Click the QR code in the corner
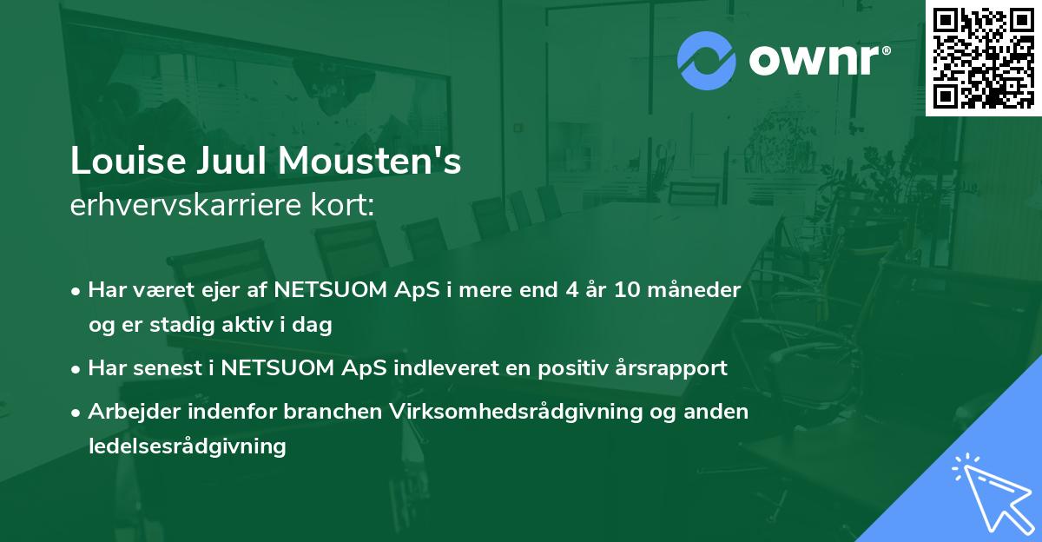[983, 57]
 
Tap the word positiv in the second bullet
[559, 368]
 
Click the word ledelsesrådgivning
[187, 446]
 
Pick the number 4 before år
[548, 290]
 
